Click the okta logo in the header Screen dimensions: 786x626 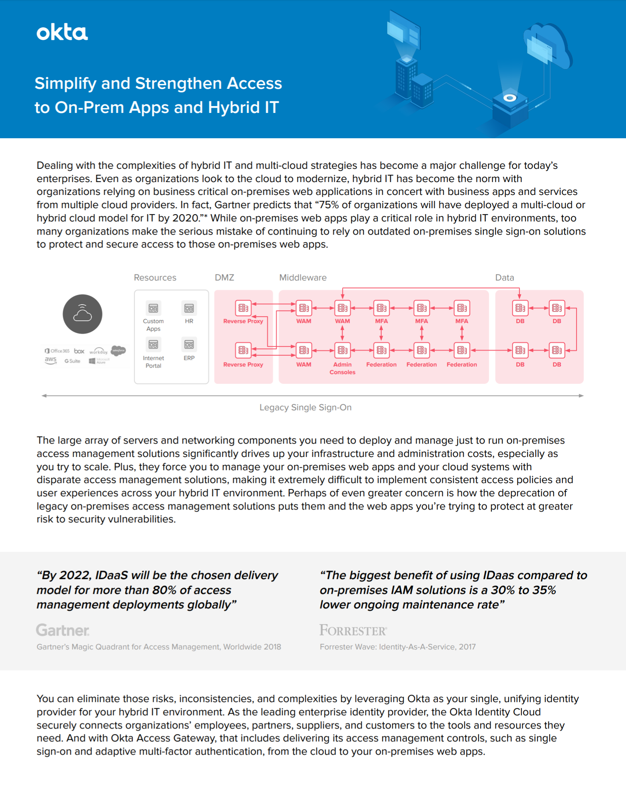(x=62, y=33)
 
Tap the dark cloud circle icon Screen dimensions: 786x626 (x=82, y=314)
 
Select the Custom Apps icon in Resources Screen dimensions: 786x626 (x=153, y=308)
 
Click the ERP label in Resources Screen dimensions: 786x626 (x=189, y=358)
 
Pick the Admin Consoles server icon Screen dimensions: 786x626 (x=342, y=350)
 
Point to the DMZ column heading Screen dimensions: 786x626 (x=224, y=278)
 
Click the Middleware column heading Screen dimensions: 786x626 (x=303, y=278)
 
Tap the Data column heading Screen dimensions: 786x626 (x=504, y=278)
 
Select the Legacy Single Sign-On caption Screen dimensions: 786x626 (x=305, y=407)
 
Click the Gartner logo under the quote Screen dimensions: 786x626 (x=63, y=630)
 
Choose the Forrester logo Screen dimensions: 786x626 (x=353, y=630)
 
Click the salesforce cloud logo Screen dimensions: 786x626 (x=118, y=350)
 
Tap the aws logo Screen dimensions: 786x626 (x=51, y=360)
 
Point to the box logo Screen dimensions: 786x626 (x=79, y=351)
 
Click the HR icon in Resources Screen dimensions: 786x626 (x=189, y=308)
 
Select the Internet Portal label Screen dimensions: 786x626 (x=153, y=362)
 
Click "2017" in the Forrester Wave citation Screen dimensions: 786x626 (x=467, y=647)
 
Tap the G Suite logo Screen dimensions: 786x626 (x=72, y=361)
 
